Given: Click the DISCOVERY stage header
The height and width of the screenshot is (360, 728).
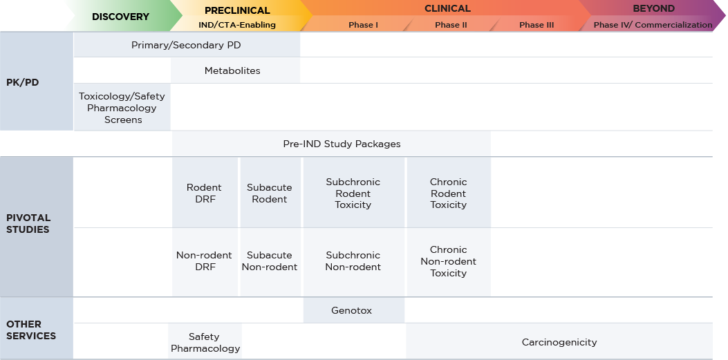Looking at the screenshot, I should tap(120, 16).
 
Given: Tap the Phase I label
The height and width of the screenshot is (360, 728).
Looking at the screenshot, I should tap(363, 25).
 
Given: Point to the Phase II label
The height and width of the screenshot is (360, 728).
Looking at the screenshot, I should tap(451, 25).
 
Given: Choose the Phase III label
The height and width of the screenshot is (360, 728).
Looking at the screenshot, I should tap(536, 25).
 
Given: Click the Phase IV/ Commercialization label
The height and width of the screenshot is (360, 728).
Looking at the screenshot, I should tap(653, 25).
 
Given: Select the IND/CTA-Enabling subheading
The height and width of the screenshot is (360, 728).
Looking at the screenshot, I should tap(232, 25).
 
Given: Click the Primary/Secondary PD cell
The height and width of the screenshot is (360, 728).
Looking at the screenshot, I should tap(186, 46).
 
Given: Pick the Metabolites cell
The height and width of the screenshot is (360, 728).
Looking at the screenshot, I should tap(232, 70).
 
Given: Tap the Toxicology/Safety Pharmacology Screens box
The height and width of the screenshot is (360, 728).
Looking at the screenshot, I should tap(122, 108).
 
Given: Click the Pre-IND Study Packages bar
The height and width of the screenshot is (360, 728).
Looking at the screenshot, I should tap(342, 144).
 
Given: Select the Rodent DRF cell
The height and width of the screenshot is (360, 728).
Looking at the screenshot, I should tap(204, 193).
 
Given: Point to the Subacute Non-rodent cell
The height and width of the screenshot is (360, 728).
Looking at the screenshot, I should tap(270, 261).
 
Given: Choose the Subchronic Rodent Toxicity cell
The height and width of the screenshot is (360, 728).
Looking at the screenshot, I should tap(353, 193).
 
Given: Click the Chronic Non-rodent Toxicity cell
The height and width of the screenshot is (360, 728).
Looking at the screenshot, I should tap(448, 261).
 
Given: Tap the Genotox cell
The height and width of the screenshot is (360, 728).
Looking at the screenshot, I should tap(352, 310).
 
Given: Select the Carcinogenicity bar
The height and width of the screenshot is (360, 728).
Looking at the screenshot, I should tap(559, 342).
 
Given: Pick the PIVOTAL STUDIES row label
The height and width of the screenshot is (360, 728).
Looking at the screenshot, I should tap(28, 223).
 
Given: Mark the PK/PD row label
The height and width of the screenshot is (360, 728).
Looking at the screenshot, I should tap(23, 82).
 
